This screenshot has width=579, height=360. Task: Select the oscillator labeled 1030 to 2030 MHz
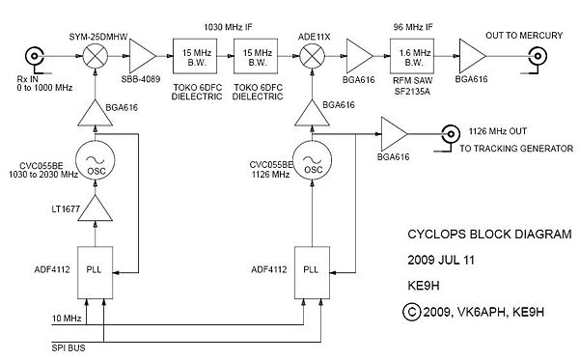click(96, 162)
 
